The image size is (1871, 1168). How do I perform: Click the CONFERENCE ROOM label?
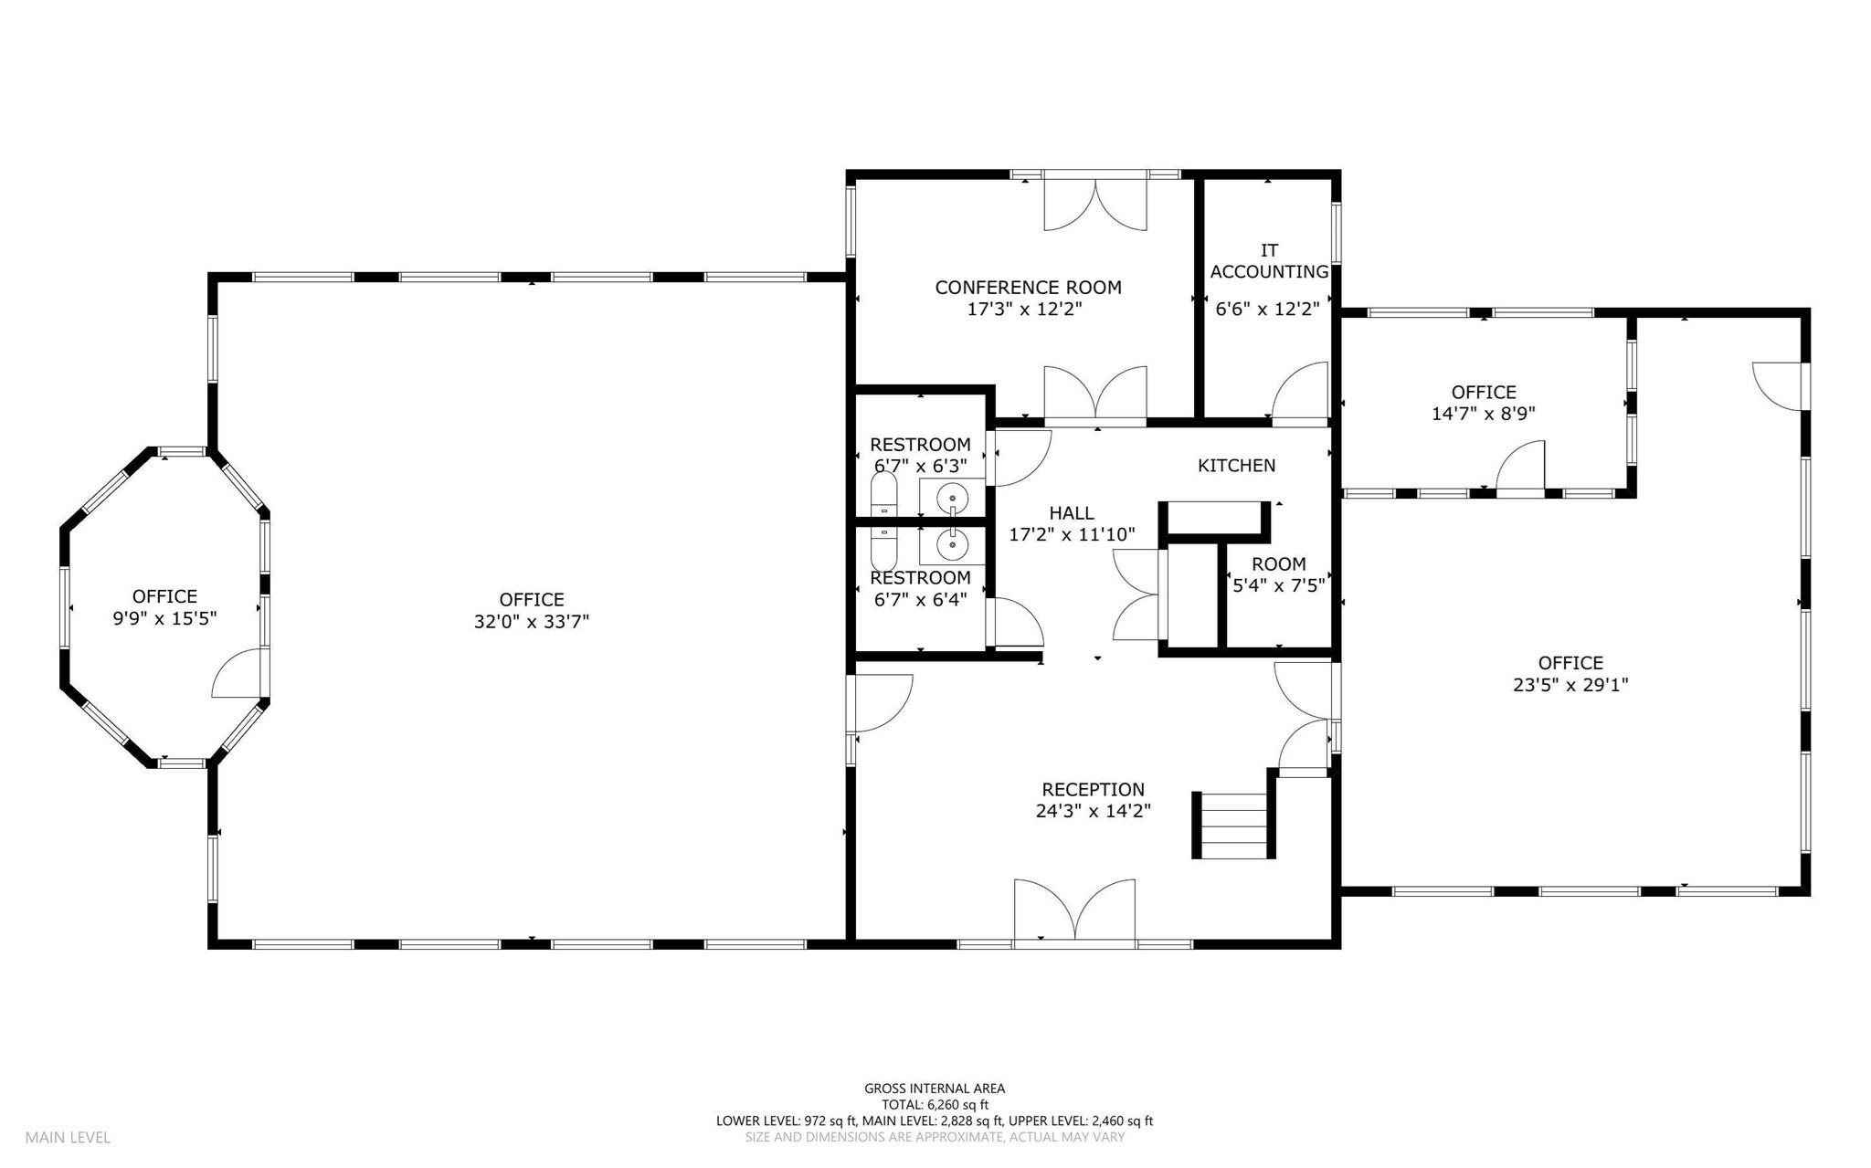pos(1027,288)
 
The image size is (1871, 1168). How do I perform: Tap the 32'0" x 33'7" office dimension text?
pos(531,622)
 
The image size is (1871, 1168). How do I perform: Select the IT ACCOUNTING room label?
pos(1269,261)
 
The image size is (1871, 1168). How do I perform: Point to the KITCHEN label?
pos(1236,466)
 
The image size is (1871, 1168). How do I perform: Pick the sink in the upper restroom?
pos(952,497)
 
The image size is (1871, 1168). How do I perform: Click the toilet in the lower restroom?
pos(883,547)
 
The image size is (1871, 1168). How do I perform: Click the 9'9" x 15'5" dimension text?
pos(164,618)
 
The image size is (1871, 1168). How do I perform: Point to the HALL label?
pos(1072,513)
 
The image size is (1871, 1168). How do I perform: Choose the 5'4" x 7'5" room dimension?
pos(1278,585)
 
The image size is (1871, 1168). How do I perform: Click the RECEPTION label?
pos(1093,789)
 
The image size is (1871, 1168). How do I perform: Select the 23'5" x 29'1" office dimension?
pos(1570,685)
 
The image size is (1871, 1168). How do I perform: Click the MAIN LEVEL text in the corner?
pos(68,1137)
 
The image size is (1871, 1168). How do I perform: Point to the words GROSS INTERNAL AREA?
pos(935,1088)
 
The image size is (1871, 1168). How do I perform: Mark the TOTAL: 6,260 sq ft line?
pos(935,1104)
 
